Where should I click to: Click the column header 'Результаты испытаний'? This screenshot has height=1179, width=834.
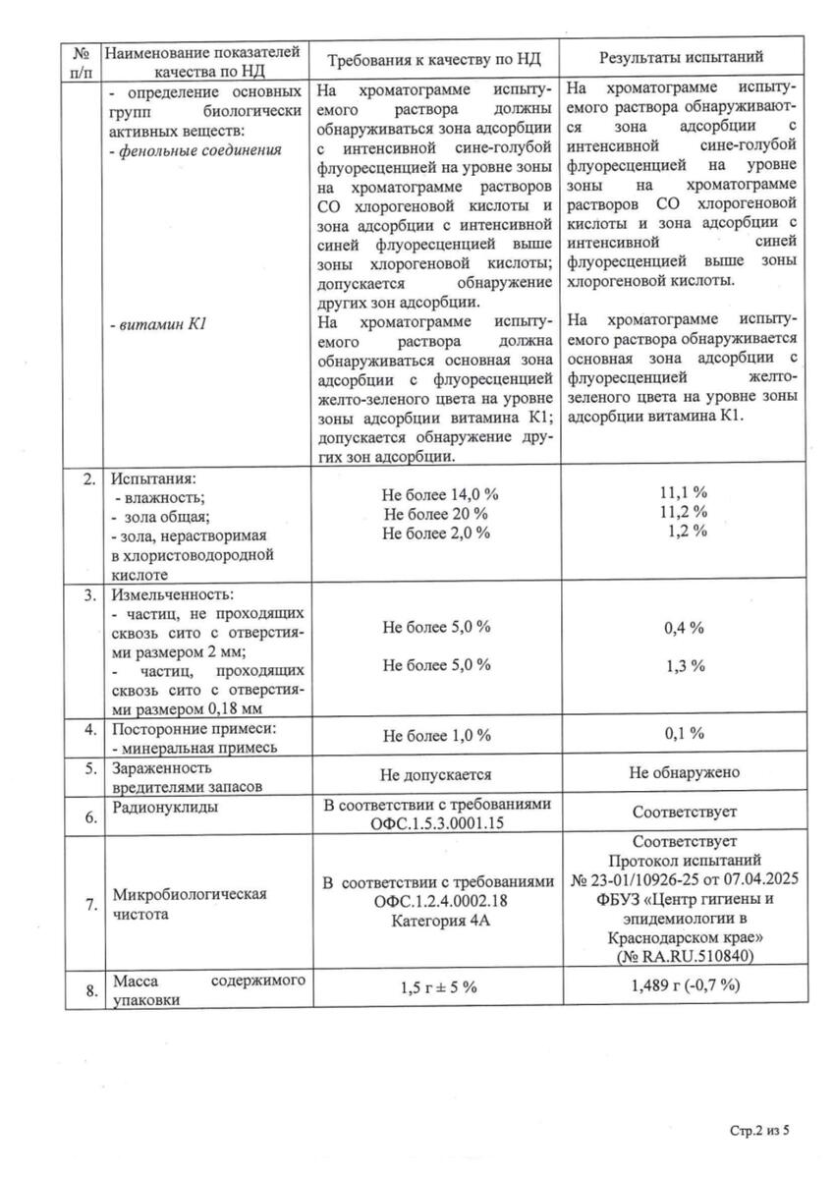pyautogui.click(x=685, y=60)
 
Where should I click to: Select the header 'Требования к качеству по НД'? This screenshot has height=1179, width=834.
pyautogui.click(x=434, y=60)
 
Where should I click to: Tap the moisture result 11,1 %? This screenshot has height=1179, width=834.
pyautogui.click(x=684, y=493)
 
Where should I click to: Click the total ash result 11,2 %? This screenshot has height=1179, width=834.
pyautogui.click(x=684, y=512)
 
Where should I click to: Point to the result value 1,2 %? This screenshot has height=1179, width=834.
pyautogui.click(x=685, y=532)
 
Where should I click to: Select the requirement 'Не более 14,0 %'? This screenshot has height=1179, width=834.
pyautogui.click(x=436, y=493)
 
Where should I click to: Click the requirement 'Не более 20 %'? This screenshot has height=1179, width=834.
pyautogui.click(x=436, y=513)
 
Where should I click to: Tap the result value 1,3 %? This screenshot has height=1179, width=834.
pyautogui.click(x=685, y=665)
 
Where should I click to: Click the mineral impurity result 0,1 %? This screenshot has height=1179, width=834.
pyautogui.click(x=684, y=734)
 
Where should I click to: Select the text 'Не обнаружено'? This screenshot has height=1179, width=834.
pyautogui.click(x=684, y=773)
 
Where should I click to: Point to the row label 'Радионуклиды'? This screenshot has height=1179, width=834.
pyautogui.click(x=165, y=807)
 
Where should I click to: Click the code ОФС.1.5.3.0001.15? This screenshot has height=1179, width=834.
pyautogui.click(x=436, y=823)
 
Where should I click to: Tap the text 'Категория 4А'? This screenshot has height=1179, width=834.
pyautogui.click(x=436, y=921)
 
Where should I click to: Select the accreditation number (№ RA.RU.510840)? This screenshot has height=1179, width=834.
pyautogui.click(x=685, y=956)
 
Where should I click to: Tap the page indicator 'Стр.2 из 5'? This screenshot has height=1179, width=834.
pyautogui.click(x=759, y=1131)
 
